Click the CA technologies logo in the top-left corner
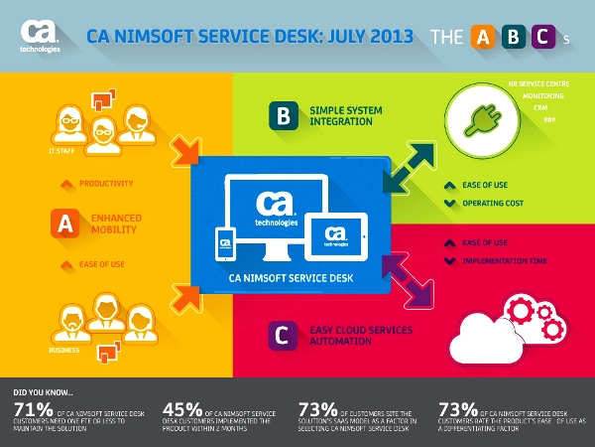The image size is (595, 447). click(42, 37)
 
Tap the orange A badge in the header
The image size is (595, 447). click(482, 37)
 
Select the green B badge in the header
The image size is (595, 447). click(513, 37)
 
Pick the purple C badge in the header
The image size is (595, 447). click(543, 37)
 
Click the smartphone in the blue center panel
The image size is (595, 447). click(225, 242)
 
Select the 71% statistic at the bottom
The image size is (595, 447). click(31, 408)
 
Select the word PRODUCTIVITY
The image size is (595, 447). click(104, 184)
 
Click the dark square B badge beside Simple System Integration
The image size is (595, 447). click(283, 115)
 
